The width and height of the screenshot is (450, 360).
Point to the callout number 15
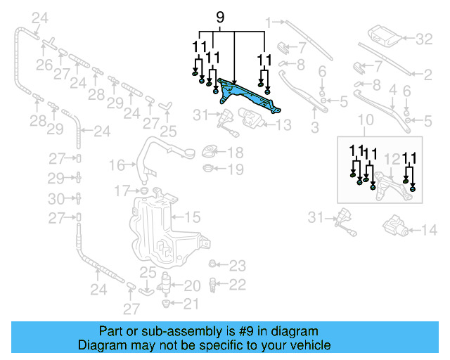(x=193, y=218)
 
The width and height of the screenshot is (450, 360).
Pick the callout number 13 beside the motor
(x=283, y=126)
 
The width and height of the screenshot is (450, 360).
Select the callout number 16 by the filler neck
(x=117, y=165)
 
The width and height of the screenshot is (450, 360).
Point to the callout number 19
(x=235, y=169)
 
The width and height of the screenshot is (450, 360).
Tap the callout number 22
(x=238, y=284)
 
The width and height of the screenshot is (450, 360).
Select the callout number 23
(x=238, y=266)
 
